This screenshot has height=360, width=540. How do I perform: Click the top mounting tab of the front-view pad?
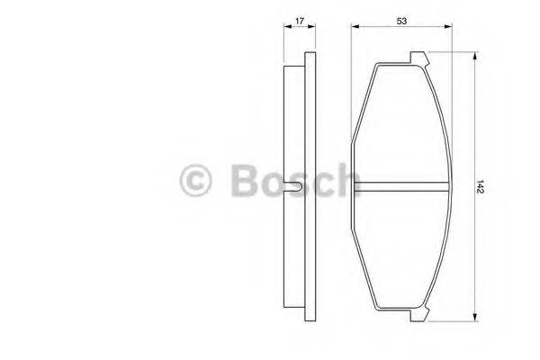(419, 58)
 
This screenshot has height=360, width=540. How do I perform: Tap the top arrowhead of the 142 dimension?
(473, 56)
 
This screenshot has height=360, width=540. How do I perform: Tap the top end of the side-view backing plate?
(310, 57)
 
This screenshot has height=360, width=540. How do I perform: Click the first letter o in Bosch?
(273, 184)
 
